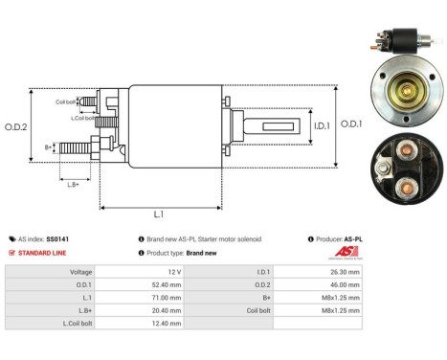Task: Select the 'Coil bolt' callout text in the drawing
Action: [66, 101]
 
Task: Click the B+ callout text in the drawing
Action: [48, 147]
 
